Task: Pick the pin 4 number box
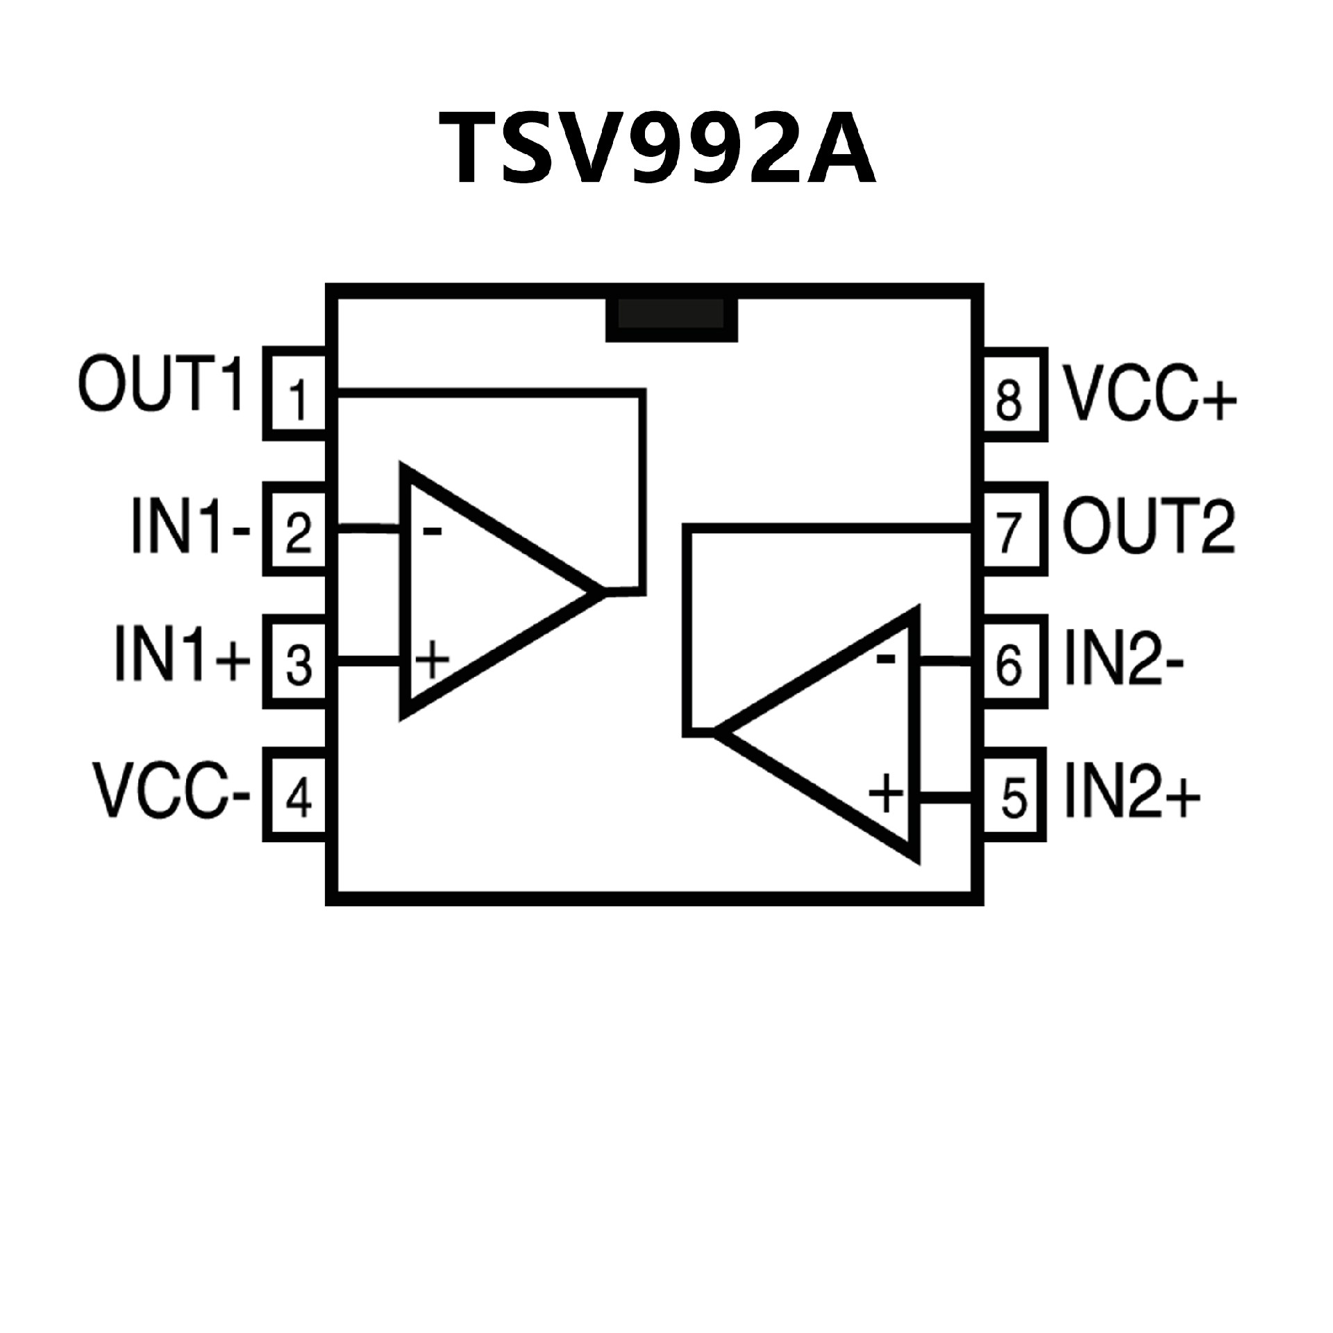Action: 297,797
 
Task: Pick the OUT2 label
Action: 1149,528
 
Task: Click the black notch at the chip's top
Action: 671,319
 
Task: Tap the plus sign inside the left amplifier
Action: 432,659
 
